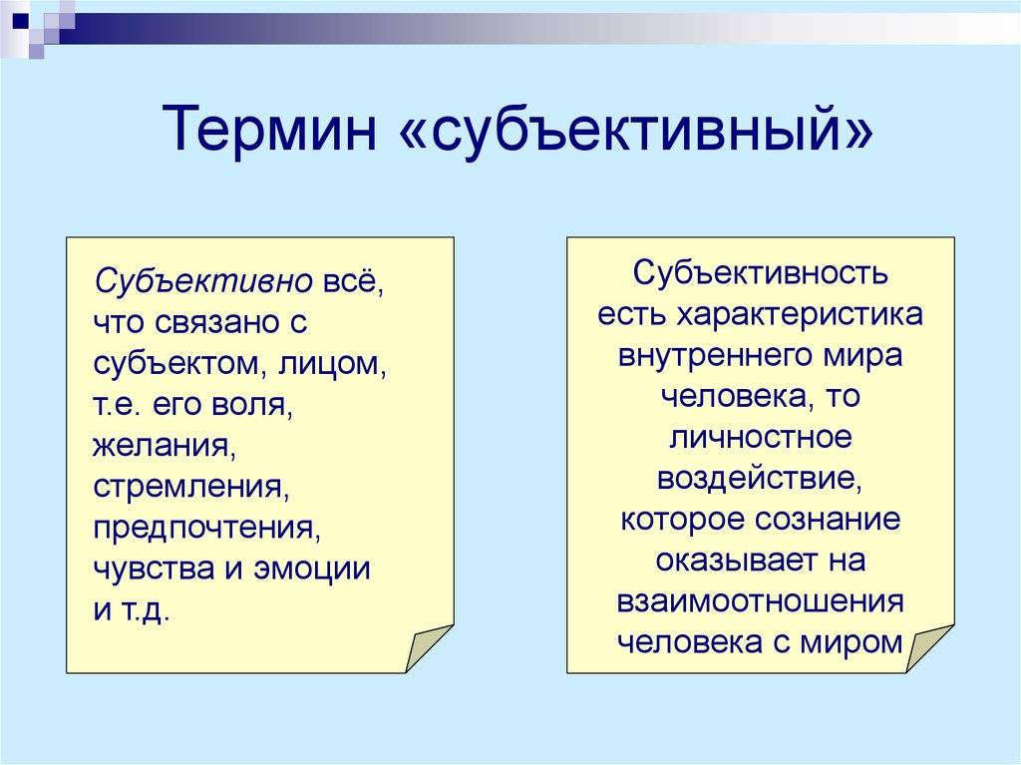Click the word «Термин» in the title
(269, 129)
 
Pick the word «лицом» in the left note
(332, 365)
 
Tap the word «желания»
(165, 447)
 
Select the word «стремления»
(190, 488)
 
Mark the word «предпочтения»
(207, 529)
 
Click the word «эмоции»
(312, 569)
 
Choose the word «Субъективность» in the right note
(760, 273)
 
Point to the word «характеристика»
(800, 315)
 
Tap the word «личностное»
(761, 437)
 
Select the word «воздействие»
(760, 479)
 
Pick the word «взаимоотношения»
(760, 601)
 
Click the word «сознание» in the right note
(828, 520)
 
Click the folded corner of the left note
(427, 647)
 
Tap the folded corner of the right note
(928, 647)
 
